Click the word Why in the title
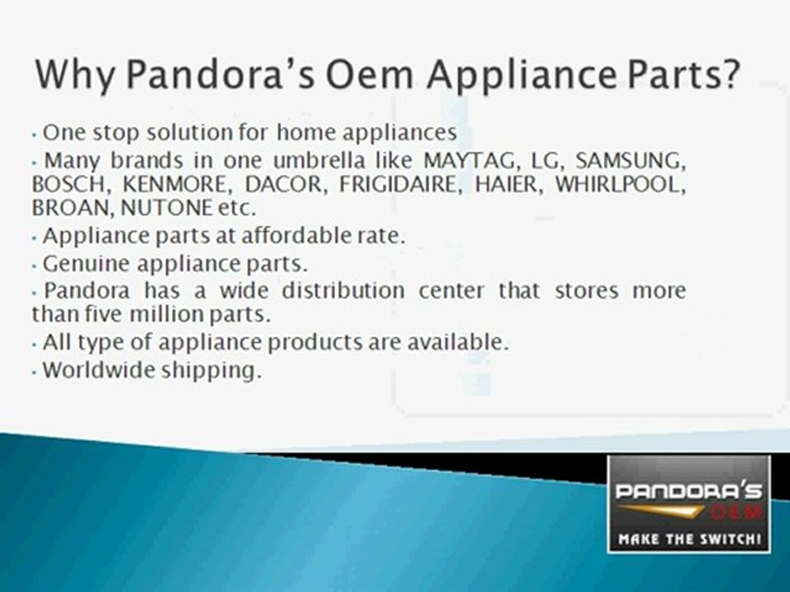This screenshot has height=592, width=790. click(x=73, y=76)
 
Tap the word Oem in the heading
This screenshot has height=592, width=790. click(x=376, y=76)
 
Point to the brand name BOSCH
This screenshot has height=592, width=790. click(x=62, y=183)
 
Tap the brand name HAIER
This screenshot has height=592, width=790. click(x=505, y=183)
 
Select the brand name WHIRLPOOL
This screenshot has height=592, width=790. click(x=620, y=183)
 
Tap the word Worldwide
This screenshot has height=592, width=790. click(x=91, y=370)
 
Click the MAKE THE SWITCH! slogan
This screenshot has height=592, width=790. click(x=689, y=539)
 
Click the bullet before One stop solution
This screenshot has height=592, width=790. click(x=35, y=133)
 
